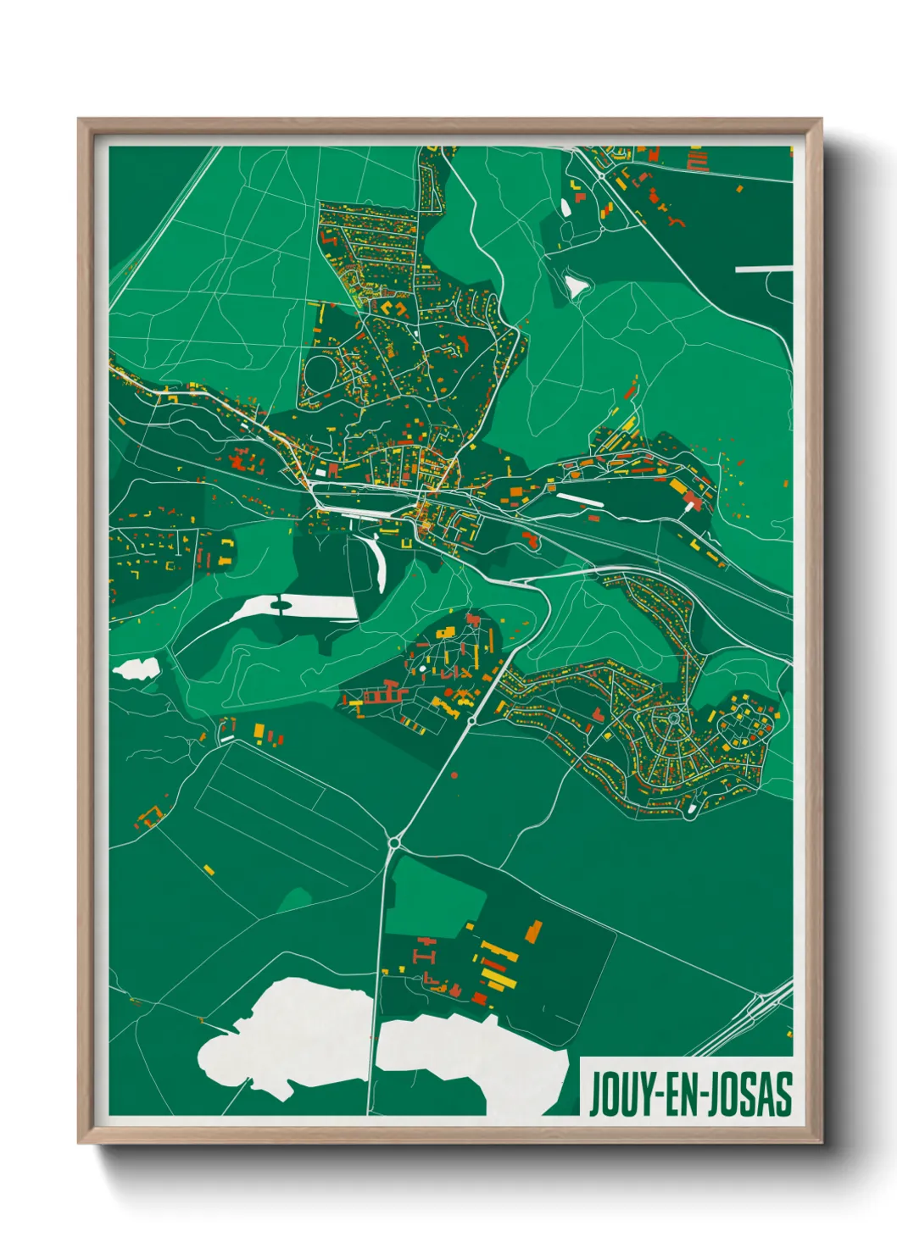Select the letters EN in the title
click(x=682, y=1094)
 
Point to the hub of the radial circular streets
click(x=673, y=719)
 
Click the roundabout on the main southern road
click(x=394, y=842)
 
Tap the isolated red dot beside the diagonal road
click(x=454, y=774)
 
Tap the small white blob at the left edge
click(x=136, y=669)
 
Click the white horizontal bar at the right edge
click(x=763, y=269)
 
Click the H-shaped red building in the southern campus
click(x=425, y=955)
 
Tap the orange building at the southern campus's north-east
click(x=533, y=931)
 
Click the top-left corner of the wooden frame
click(x=81, y=121)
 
